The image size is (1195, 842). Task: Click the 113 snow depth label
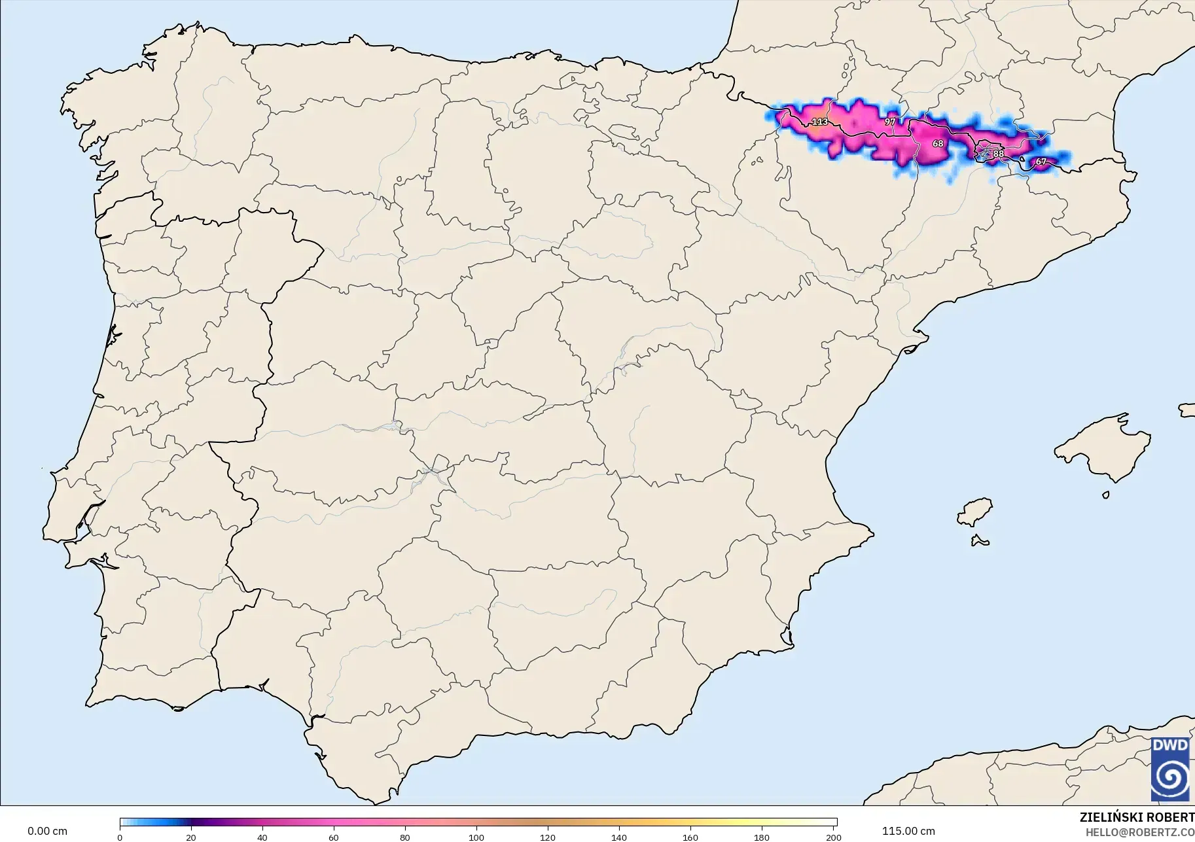[x=819, y=122]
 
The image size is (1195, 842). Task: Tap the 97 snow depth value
[x=890, y=122]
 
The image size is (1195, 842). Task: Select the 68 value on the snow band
[x=938, y=143]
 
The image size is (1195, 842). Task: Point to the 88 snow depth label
[x=998, y=154]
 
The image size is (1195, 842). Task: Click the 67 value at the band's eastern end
[x=1041, y=162]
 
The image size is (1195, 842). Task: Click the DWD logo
[x=1170, y=769]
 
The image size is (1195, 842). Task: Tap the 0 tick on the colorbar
[x=120, y=837]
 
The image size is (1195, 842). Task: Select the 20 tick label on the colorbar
[x=191, y=837]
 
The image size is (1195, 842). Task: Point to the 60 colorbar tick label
[x=334, y=837]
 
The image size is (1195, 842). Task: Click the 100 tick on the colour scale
[x=476, y=837]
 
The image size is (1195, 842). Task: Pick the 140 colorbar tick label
[x=619, y=837]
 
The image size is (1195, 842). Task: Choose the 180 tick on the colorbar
[x=762, y=837]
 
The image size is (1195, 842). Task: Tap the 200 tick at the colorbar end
[x=833, y=837]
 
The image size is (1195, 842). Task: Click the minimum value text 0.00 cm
[x=47, y=831]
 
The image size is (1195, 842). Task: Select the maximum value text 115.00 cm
[x=908, y=831]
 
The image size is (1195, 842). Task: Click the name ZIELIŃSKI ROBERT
[x=1137, y=817]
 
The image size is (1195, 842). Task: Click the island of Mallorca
[x=1106, y=448]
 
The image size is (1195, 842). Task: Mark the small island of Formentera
[x=980, y=541]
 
